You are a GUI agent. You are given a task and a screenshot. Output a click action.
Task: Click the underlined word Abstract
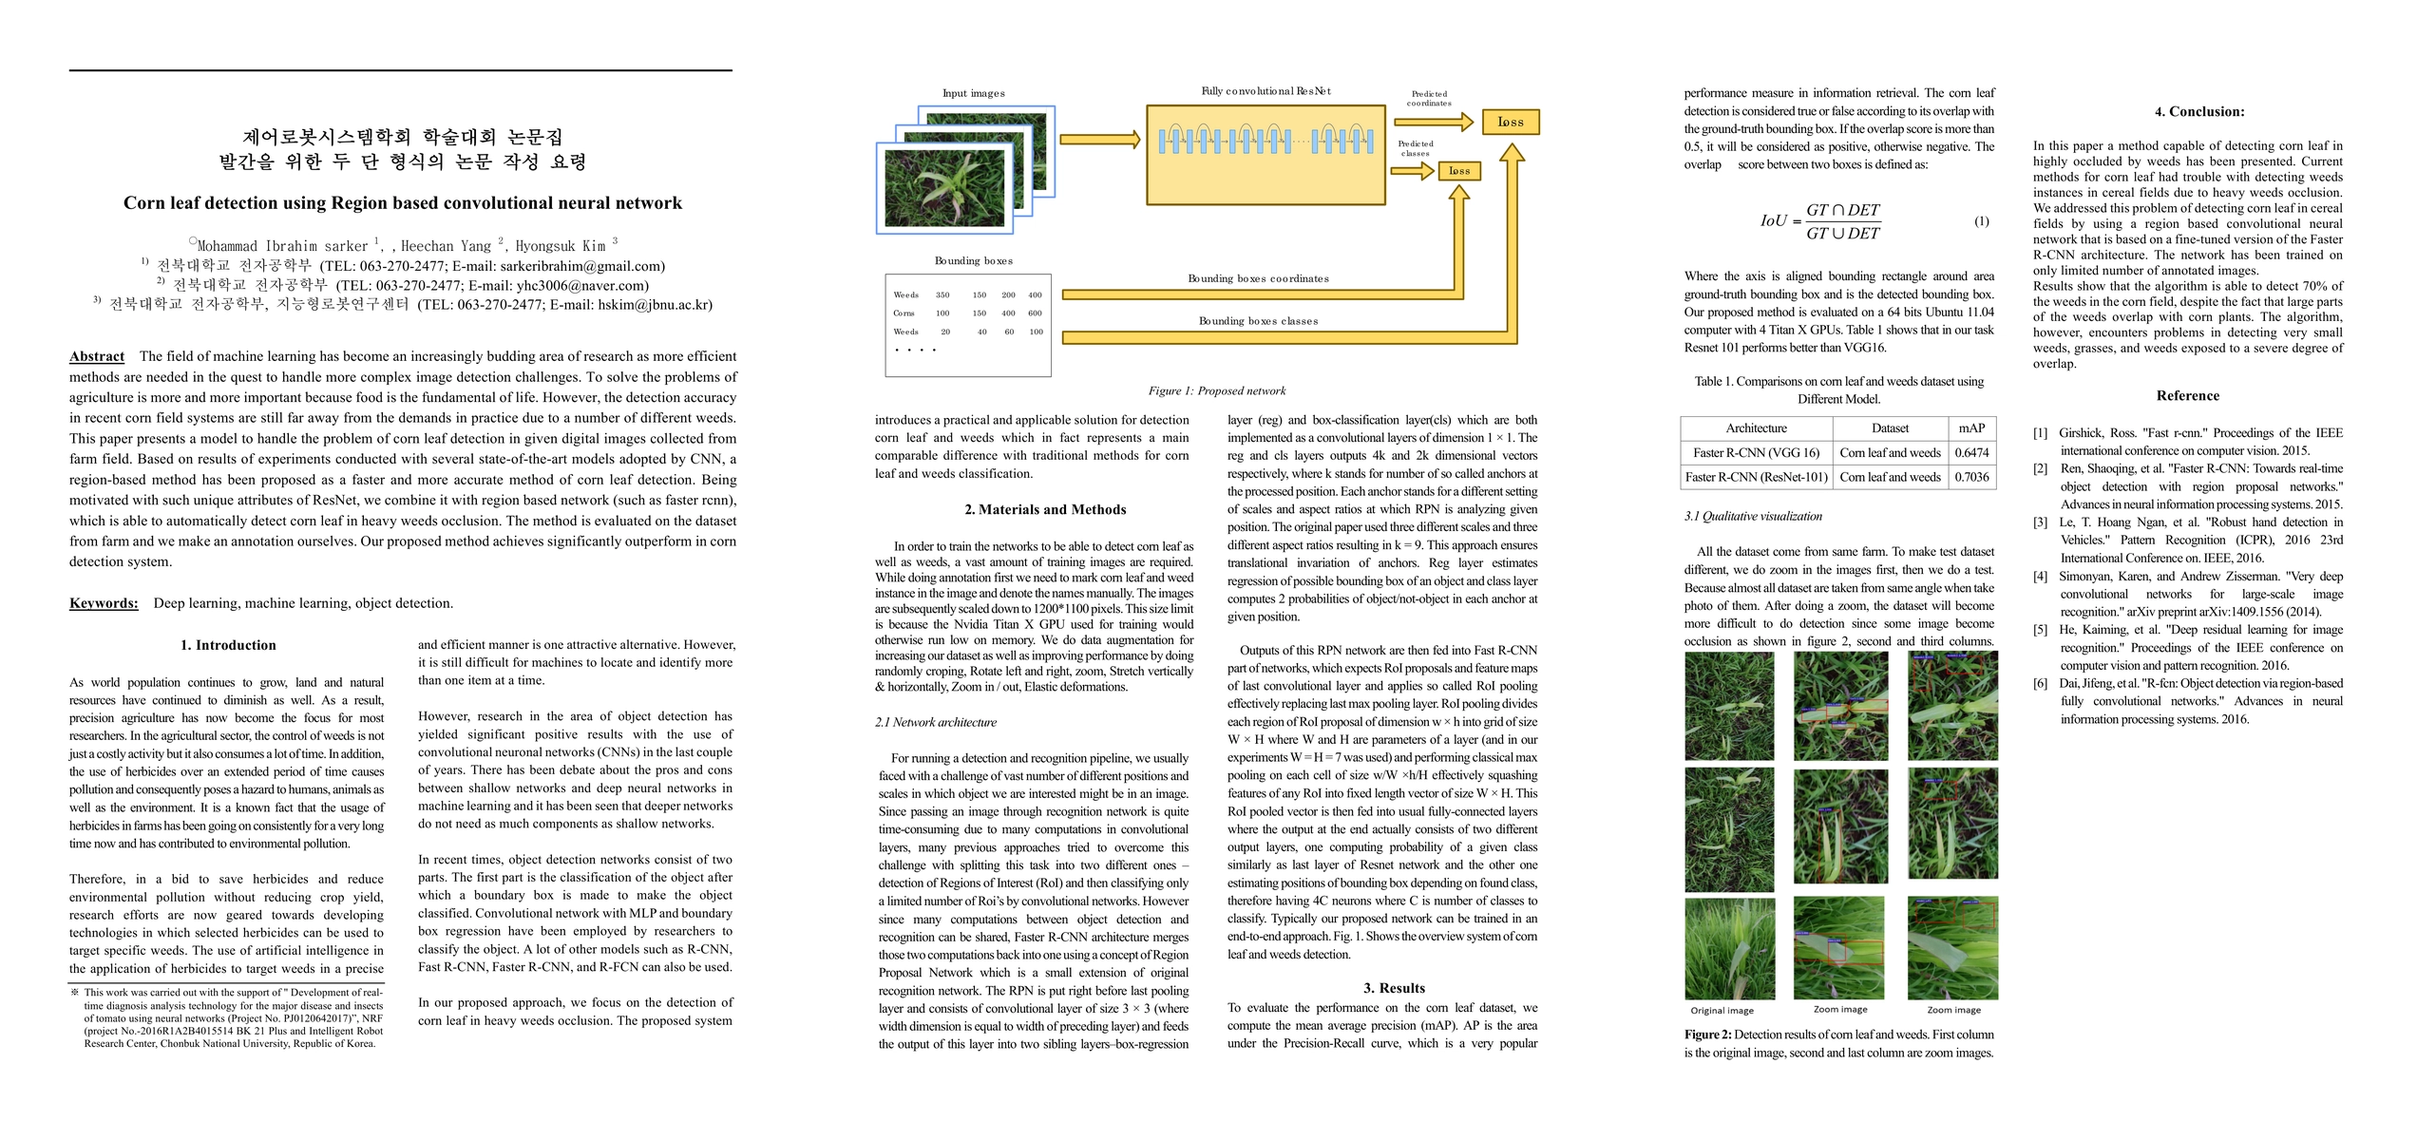(x=97, y=356)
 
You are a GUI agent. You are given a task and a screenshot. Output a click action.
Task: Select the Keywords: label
(x=104, y=603)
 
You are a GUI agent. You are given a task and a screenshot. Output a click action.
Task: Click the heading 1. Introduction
(x=228, y=645)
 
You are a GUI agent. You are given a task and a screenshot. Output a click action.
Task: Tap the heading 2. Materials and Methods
(x=1045, y=510)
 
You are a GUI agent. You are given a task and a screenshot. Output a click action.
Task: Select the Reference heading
(x=2187, y=396)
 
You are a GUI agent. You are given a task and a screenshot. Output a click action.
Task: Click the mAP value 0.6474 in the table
(x=1970, y=453)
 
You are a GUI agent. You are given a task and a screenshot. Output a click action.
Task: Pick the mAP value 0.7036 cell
(x=1970, y=478)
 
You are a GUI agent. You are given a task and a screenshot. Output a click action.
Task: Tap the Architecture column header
(x=1756, y=428)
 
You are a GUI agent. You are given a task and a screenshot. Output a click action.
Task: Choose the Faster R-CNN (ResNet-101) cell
(x=1756, y=478)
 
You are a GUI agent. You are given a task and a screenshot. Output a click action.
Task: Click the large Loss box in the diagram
(x=1510, y=123)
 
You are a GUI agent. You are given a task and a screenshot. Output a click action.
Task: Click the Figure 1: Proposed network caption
(x=1216, y=391)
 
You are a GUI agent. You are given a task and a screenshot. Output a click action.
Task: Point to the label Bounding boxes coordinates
(x=1258, y=279)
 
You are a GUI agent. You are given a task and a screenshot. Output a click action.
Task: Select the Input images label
(x=973, y=93)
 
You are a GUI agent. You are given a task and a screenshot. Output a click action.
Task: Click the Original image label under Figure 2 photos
(x=1722, y=1011)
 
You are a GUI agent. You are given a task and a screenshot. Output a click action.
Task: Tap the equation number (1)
(x=1982, y=221)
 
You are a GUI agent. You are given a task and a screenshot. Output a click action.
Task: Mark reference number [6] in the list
(x=2040, y=684)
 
